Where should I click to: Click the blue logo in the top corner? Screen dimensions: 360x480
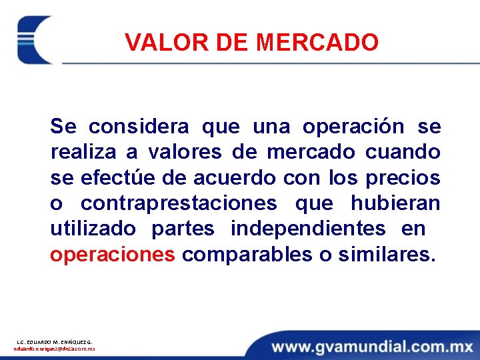34,39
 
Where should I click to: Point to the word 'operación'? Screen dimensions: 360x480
353,127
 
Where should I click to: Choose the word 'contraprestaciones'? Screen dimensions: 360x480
179,203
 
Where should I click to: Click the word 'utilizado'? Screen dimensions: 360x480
93,229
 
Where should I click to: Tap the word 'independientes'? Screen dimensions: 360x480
308,229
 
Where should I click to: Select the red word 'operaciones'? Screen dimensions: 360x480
113,255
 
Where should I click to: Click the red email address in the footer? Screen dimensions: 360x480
54,349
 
